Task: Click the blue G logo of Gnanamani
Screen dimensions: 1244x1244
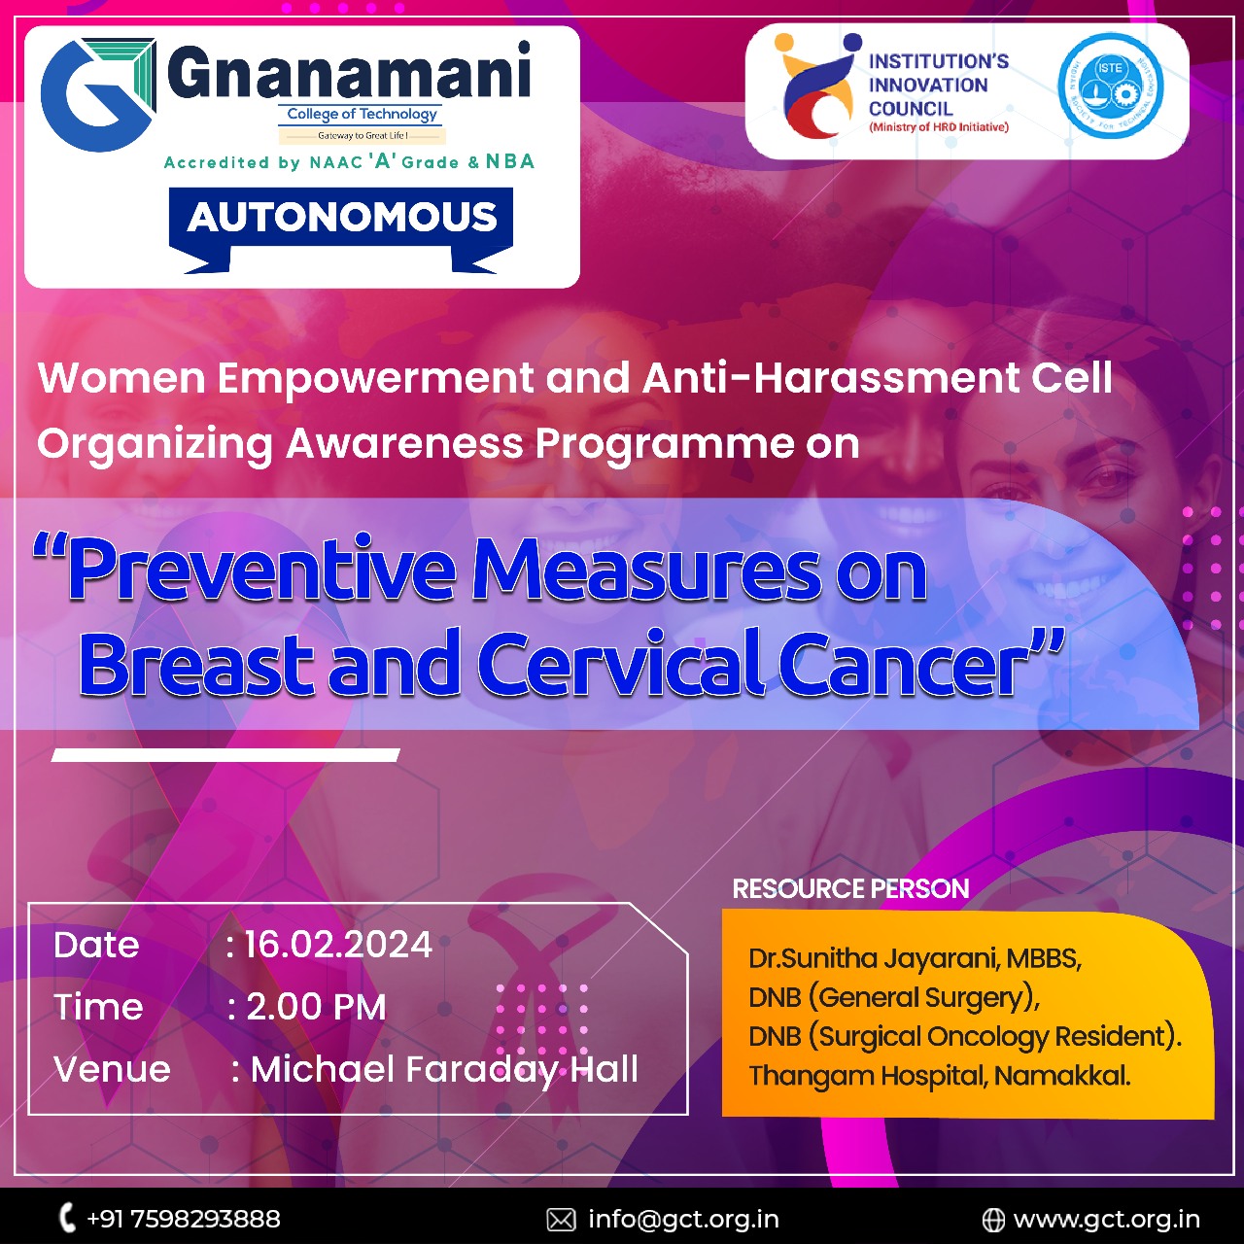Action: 97,95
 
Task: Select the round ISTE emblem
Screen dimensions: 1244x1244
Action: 1111,86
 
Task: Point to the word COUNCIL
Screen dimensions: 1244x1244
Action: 911,109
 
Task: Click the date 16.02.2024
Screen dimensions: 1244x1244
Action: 338,945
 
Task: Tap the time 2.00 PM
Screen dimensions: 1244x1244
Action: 316,1007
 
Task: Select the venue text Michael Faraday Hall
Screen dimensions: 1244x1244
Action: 444,1070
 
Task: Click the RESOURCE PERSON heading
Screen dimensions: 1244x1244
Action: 850,889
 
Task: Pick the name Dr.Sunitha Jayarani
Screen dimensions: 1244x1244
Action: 874,958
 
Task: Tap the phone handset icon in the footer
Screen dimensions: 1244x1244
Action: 66,1218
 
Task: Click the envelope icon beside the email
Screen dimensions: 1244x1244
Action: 561,1220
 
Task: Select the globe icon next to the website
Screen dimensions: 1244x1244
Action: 993,1220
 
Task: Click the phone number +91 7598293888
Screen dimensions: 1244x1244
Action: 184,1219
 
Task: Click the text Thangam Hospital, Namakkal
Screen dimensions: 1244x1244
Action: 939,1076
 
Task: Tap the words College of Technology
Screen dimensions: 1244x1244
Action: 362,115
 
